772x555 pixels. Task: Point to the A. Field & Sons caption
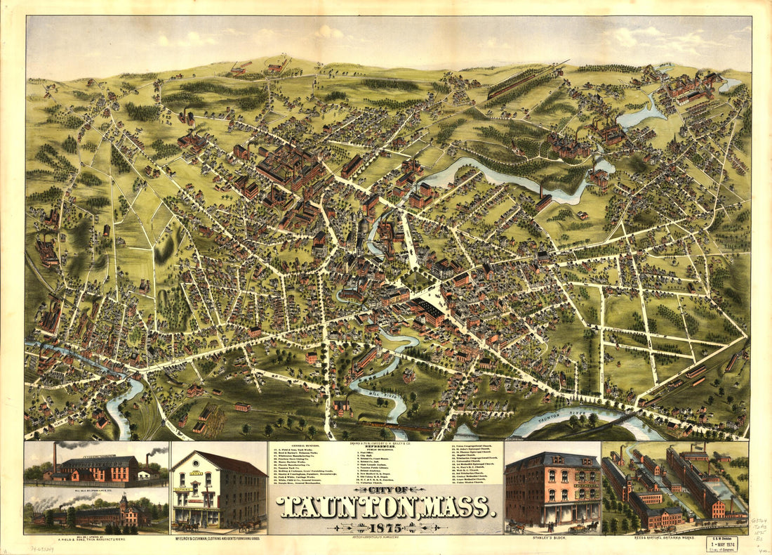(95, 540)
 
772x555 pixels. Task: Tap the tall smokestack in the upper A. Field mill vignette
(55, 457)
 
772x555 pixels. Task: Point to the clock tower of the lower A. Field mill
(123, 500)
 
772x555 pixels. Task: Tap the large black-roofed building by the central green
(428, 308)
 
